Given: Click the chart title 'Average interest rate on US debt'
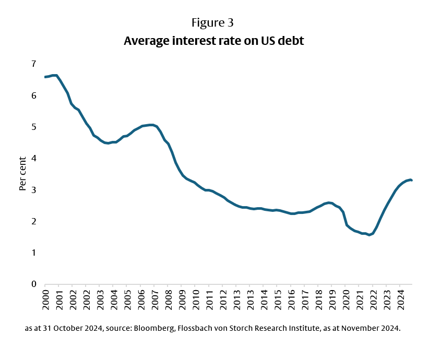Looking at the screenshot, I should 213,41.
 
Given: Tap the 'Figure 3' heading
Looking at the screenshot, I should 213,23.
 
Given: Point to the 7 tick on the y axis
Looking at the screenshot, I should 33,64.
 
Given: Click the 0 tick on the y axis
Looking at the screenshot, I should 33,284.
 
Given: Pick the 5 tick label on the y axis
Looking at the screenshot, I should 33,127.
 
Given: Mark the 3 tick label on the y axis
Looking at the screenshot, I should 33,190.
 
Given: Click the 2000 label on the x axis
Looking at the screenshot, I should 45,299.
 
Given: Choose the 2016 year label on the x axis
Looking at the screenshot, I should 291,299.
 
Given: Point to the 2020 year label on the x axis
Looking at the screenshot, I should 345,299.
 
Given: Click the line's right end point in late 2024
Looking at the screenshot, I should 412,180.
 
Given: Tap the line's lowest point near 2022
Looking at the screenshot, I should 369,235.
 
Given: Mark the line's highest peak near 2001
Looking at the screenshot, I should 55,75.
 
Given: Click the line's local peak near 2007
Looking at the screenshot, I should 151,125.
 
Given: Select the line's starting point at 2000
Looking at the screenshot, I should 45,77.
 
